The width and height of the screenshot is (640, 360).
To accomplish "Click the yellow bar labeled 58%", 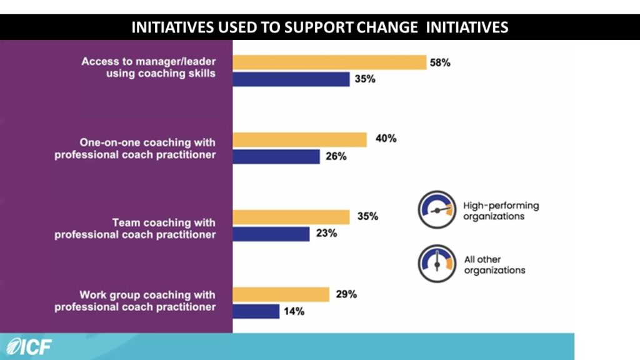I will click(x=329, y=62).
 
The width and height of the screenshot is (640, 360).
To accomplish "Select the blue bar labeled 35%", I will click(x=291, y=79).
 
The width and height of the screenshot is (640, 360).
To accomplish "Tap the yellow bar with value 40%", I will click(x=299, y=139).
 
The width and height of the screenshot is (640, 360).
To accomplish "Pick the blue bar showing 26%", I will click(x=276, y=156).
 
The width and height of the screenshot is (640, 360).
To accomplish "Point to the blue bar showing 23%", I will click(x=271, y=234).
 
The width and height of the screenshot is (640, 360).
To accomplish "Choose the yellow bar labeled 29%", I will click(x=281, y=294).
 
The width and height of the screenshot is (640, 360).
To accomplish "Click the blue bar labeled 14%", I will click(x=256, y=311).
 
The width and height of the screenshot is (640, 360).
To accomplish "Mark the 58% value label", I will click(x=439, y=62).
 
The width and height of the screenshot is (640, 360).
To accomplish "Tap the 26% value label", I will click(x=336, y=156).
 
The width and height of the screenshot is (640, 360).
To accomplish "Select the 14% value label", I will click(x=294, y=311).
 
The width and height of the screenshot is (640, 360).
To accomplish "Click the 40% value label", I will click(x=385, y=139).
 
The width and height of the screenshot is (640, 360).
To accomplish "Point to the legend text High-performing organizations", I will click(x=500, y=211).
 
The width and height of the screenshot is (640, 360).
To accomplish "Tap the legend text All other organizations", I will click(x=494, y=264).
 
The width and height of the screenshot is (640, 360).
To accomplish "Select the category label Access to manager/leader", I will click(x=149, y=62).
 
